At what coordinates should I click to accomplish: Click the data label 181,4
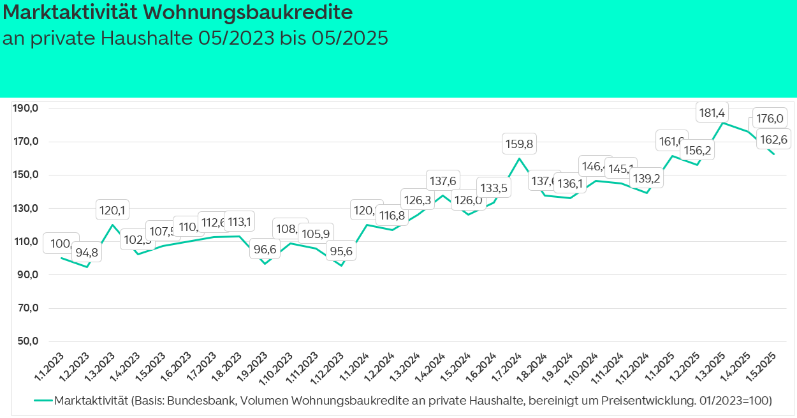point(712,114)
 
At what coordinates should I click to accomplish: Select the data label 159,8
point(520,145)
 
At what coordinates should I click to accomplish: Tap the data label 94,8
point(86,252)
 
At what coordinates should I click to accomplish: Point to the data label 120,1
point(113,209)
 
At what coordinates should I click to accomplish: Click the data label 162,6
point(772,140)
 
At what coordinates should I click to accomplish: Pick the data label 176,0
point(769,118)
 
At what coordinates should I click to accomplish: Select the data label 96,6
point(265,250)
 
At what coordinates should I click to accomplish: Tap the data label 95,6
point(341,251)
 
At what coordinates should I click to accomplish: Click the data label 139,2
point(646,179)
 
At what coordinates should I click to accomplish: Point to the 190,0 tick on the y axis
point(26,108)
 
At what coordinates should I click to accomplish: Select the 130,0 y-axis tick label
point(26,208)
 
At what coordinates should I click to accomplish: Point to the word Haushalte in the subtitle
point(147,38)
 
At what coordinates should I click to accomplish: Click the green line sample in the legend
point(43,401)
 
